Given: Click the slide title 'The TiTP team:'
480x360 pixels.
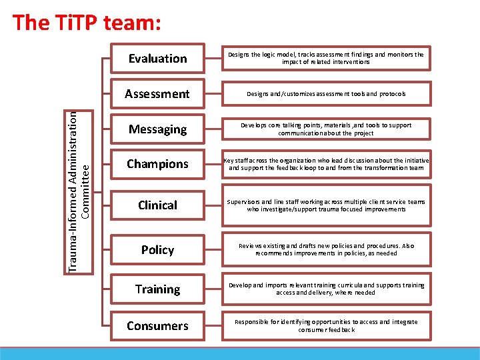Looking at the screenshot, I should coord(87,23).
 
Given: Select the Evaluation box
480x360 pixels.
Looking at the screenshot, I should coord(157,59).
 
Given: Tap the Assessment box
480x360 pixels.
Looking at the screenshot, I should coord(157,94).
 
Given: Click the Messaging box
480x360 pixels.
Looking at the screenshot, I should coord(157,129).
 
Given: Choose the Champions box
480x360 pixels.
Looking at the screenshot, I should coord(157,164).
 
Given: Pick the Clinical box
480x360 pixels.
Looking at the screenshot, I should coord(157,205).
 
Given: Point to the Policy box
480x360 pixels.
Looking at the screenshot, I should coord(157,250).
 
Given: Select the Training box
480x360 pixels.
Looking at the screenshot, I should coord(157,289).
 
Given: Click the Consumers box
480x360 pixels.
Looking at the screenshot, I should coord(157,326).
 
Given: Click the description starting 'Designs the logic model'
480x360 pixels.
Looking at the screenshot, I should coord(325,59).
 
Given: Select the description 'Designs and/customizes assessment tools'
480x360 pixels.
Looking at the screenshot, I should coord(325,94).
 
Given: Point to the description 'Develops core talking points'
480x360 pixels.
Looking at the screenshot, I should coord(325,129).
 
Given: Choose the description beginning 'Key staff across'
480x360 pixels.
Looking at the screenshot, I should coord(327,164).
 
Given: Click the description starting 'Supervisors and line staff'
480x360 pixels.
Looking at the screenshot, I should coord(325,205).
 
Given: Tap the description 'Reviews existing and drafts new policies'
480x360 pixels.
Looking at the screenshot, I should coord(325,249).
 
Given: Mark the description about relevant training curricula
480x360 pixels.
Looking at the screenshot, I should coord(325,289).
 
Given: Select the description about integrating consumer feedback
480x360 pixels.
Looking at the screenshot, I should coord(325,325).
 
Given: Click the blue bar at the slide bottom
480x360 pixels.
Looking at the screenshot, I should coord(240,353).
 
